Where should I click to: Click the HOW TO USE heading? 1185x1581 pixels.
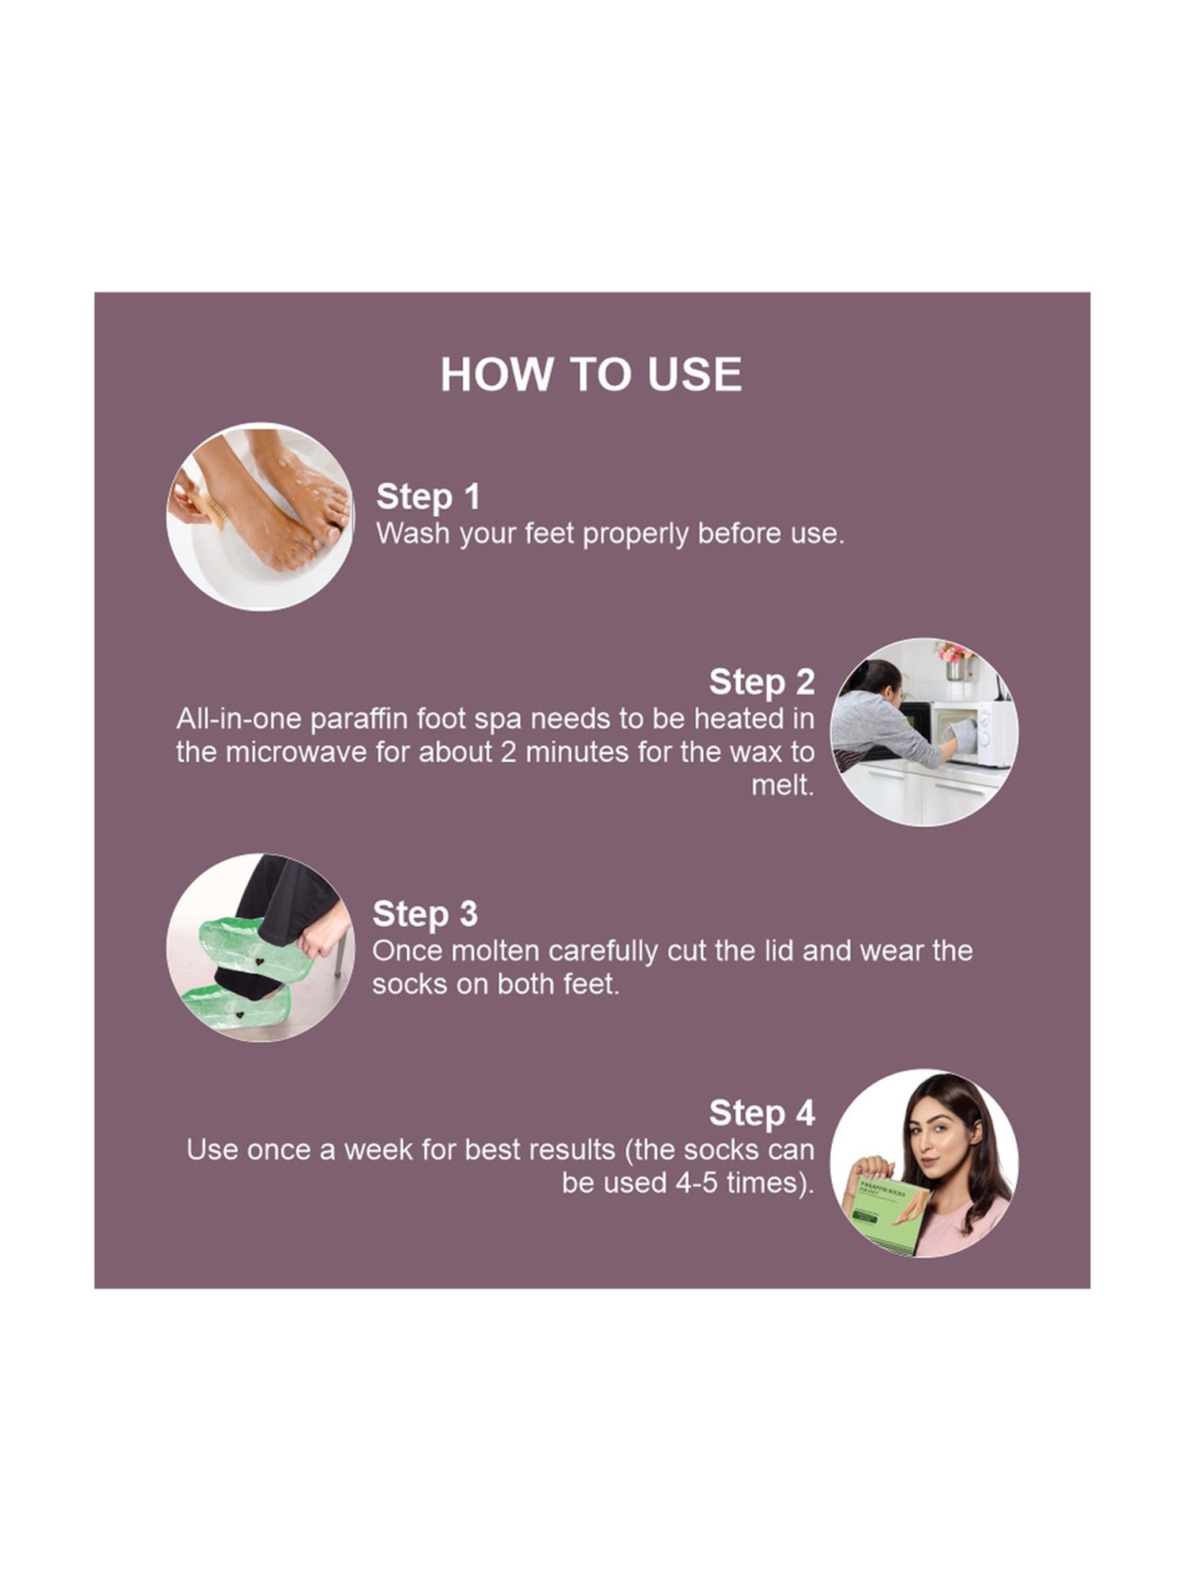pos(591,374)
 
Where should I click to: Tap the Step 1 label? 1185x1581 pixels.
pos(428,497)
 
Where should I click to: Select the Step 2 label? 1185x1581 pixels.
pos(762,682)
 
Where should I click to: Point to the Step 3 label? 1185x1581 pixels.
pos(425,914)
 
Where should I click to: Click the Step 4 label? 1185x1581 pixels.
pos(762,1113)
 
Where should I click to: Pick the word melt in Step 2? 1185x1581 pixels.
pos(781,785)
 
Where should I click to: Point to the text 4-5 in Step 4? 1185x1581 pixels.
pos(695,1183)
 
